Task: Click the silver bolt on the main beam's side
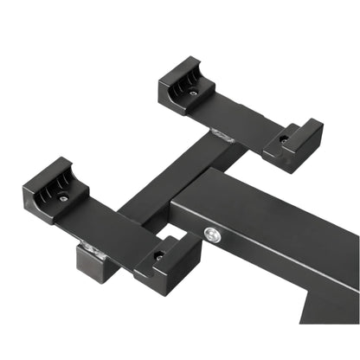coord(211,233)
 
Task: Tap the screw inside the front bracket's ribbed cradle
coord(63,198)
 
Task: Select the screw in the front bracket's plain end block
coord(159,254)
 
